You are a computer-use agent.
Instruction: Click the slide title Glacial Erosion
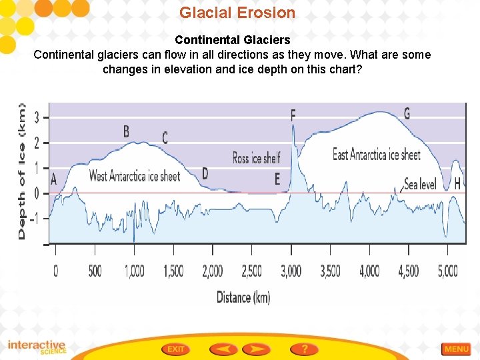pyautogui.click(x=237, y=13)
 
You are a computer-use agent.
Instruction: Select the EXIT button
pyautogui.click(x=176, y=349)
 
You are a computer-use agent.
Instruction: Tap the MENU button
pyautogui.click(x=456, y=349)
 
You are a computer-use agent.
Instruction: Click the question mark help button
pyautogui.click(x=304, y=349)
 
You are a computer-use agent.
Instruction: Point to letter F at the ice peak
pyautogui.click(x=293, y=116)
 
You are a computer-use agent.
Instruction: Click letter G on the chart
pyautogui.click(x=407, y=113)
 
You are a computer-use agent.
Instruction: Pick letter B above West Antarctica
pyautogui.click(x=126, y=131)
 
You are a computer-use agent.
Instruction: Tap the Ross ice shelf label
pyautogui.click(x=256, y=158)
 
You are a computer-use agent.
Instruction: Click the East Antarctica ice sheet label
pyautogui.click(x=377, y=155)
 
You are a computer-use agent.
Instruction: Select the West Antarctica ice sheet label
pyautogui.click(x=135, y=177)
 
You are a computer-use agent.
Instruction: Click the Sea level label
pyautogui.click(x=420, y=184)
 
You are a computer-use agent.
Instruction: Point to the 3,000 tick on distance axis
pyautogui.click(x=291, y=271)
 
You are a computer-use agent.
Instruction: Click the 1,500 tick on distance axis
pyautogui.click(x=173, y=271)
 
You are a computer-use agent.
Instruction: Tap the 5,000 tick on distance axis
pyautogui.click(x=447, y=271)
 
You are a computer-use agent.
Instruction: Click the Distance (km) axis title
pyautogui.click(x=243, y=297)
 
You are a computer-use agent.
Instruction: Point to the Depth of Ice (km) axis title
pyautogui.click(x=22, y=171)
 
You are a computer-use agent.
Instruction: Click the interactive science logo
pyautogui.click(x=37, y=347)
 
